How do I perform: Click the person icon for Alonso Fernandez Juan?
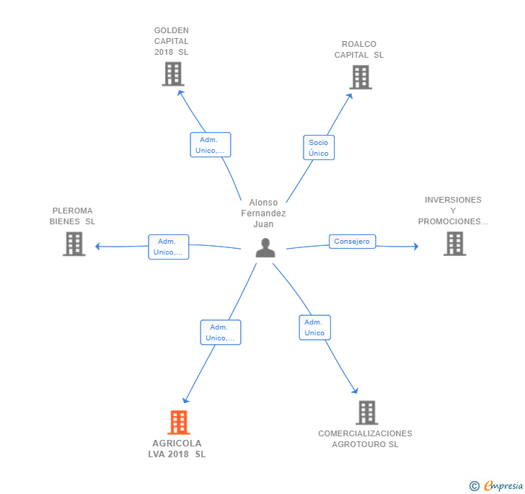[x=265, y=247]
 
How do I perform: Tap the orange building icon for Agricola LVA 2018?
[x=178, y=423]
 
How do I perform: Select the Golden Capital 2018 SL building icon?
[x=173, y=74]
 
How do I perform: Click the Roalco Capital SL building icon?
[x=361, y=77]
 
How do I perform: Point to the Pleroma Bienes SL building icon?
[x=74, y=244]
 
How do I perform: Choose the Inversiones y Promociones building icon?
[x=454, y=244]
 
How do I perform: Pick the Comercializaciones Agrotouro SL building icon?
[x=367, y=413]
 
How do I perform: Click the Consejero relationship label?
[x=352, y=242]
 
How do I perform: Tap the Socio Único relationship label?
[x=318, y=148]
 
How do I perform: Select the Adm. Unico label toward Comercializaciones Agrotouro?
[x=314, y=327]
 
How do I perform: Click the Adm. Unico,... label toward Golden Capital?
[x=210, y=145]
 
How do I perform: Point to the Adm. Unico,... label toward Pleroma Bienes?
[x=168, y=247]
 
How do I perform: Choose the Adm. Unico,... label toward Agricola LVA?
[x=220, y=332]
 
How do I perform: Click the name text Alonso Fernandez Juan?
[x=263, y=213]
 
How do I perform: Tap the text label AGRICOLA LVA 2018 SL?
[x=177, y=449]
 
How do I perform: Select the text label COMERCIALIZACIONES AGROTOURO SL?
[x=365, y=438]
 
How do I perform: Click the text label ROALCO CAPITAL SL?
[x=359, y=50]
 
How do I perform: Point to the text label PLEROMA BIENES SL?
[x=72, y=216]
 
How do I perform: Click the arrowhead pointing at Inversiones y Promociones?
[x=415, y=246]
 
